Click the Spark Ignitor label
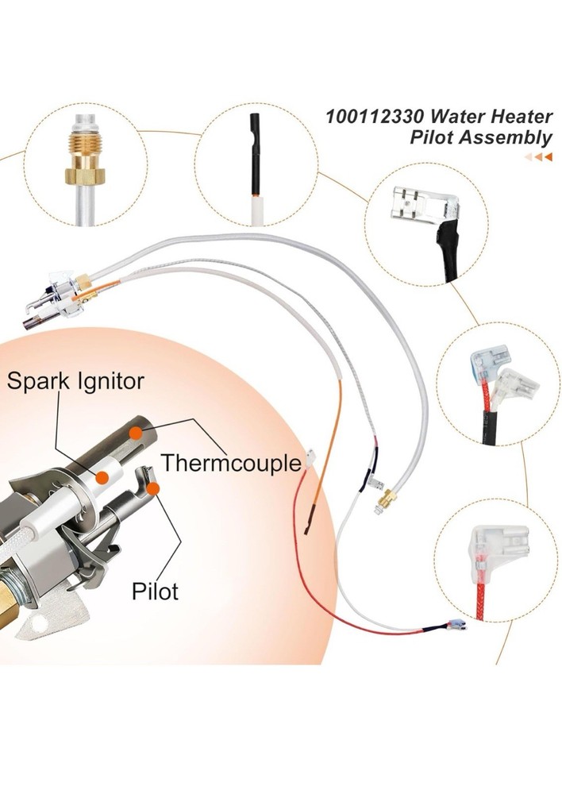coord(75,381)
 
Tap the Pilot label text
coord(155,590)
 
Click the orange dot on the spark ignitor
coord(102,476)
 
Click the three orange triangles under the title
coord(538,156)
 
